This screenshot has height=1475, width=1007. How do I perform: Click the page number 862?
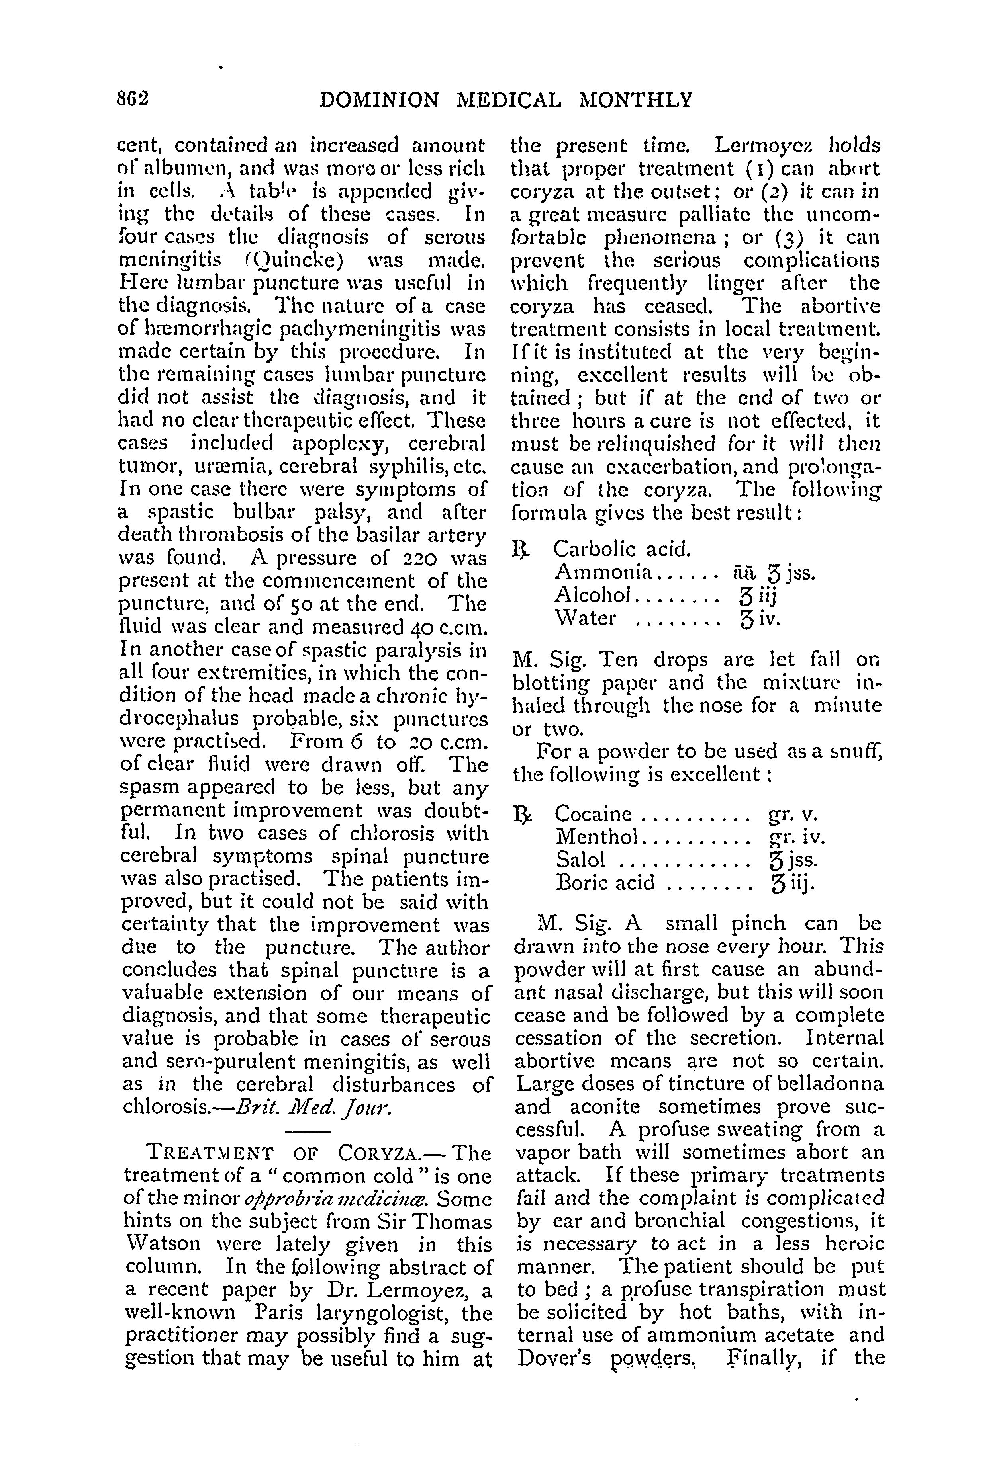133,100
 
